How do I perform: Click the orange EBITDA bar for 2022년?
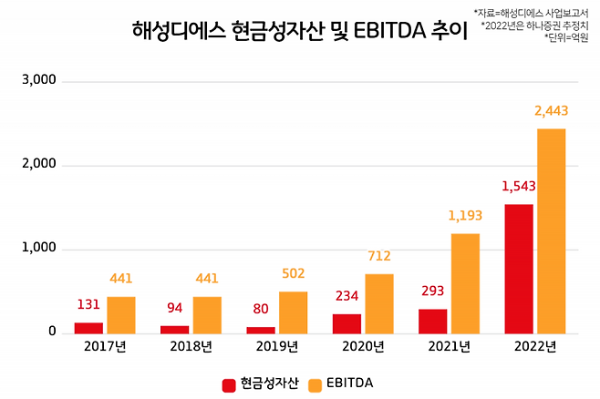[551, 231]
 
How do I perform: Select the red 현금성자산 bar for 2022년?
[518, 269]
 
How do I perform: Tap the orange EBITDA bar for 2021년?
[465, 283]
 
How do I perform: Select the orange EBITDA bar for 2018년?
[206, 314]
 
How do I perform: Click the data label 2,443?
[550, 111]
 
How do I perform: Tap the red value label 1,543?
[519, 187]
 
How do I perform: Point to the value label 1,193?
[465, 216]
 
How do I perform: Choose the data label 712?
[378, 256]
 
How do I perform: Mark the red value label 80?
[261, 309]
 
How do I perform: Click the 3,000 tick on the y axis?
[38, 80]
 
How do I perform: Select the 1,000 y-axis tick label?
[38, 249]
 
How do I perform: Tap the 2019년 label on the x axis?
[277, 347]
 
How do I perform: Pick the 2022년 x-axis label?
[534, 347]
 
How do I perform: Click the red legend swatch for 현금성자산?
[230, 384]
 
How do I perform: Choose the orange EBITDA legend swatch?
[316, 384]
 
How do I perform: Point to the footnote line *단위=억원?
[571, 38]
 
